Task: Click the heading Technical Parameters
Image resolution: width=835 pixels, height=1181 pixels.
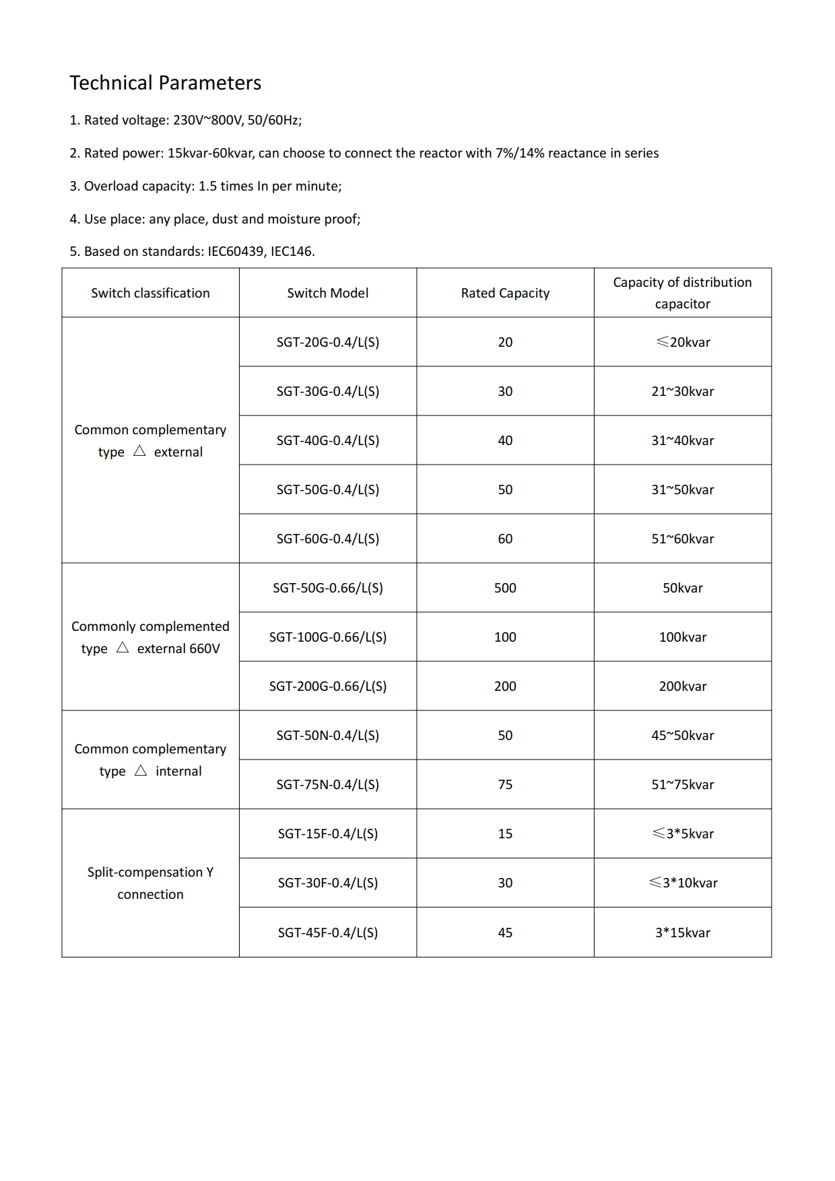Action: click(x=165, y=83)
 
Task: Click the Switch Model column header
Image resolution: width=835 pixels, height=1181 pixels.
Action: click(x=327, y=293)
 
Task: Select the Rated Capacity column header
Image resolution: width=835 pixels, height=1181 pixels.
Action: click(x=505, y=293)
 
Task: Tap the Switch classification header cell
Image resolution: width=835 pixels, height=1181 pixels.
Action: click(x=150, y=293)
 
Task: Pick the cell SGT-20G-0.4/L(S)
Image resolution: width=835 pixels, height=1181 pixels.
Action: click(x=327, y=342)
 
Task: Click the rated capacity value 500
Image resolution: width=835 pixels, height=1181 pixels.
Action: click(x=505, y=588)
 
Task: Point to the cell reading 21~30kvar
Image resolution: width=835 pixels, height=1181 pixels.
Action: click(x=682, y=391)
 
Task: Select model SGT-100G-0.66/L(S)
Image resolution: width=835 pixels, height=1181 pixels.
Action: click(x=327, y=637)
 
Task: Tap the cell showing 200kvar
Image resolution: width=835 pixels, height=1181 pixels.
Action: click(x=682, y=686)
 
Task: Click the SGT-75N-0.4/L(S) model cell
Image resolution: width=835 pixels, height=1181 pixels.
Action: click(x=327, y=784)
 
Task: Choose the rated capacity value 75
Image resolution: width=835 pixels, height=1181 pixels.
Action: click(x=505, y=784)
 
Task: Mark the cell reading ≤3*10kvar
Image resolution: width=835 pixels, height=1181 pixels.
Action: click(x=682, y=883)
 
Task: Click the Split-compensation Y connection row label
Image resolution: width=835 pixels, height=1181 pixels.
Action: click(x=150, y=883)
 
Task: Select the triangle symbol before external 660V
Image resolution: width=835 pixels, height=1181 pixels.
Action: click(x=123, y=648)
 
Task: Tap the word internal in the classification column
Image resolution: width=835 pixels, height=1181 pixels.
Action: click(x=178, y=771)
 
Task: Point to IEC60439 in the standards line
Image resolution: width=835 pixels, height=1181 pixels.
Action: click(x=236, y=251)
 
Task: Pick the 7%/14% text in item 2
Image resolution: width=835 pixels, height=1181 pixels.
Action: click(x=519, y=153)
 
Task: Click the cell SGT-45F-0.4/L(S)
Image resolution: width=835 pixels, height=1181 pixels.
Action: click(x=327, y=933)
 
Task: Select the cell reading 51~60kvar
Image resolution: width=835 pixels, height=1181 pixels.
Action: click(x=682, y=539)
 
